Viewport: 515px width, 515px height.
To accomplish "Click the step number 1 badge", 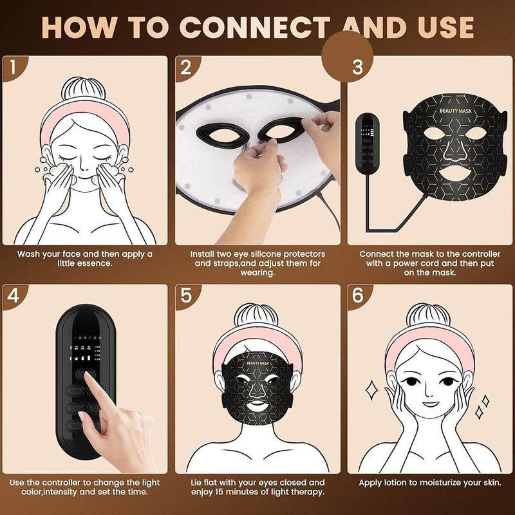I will pos(14,66).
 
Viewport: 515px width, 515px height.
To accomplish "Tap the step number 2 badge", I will pos(186,66).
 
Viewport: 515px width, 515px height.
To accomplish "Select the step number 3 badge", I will pos(359,66).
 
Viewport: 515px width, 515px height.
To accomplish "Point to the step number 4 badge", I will pos(14,295).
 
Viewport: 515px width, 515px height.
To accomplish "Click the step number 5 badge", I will pos(186,295).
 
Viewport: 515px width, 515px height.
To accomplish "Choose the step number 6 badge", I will pos(359,295).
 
